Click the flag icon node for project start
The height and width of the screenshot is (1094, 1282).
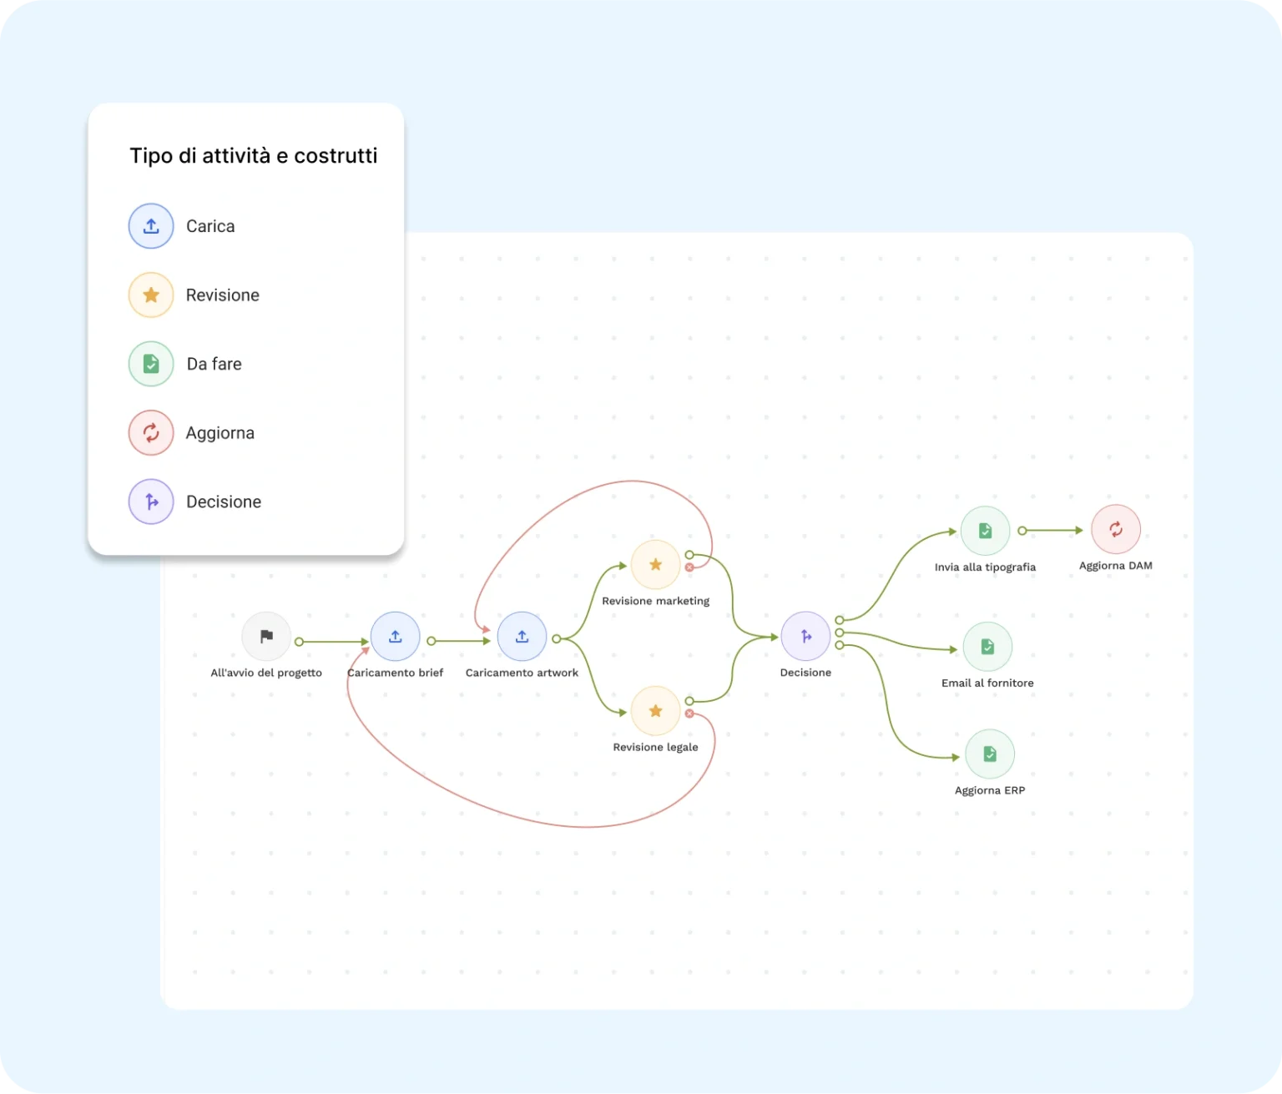click(266, 637)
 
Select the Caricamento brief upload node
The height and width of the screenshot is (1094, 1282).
click(396, 637)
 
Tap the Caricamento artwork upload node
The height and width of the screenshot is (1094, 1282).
click(522, 637)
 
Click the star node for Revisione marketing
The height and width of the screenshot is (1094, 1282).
click(655, 565)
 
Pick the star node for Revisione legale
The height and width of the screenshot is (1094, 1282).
click(655, 711)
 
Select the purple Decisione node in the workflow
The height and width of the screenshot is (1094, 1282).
click(805, 637)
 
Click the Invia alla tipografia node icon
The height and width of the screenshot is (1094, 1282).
click(985, 531)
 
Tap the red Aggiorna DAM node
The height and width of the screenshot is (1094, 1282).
click(1115, 529)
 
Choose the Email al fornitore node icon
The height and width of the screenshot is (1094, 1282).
click(987, 647)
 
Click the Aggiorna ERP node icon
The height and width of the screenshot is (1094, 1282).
click(990, 754)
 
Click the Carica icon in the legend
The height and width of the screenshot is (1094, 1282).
click(151, 226)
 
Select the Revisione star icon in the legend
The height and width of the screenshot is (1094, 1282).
click(151, 295)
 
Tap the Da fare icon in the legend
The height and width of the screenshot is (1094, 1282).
click(151, 364)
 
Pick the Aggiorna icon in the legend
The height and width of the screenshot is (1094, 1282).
click(151, 433)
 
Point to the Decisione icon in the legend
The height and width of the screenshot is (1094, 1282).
click(151, 502)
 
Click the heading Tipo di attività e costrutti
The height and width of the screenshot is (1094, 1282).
click(254, 156)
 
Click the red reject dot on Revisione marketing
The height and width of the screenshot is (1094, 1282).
click(689, 567)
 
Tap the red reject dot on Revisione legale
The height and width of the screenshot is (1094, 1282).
click(689, 713)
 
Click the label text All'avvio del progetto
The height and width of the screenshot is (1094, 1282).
click(266, 673)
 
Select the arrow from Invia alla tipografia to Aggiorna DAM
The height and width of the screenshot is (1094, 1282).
click(1053, 531)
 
